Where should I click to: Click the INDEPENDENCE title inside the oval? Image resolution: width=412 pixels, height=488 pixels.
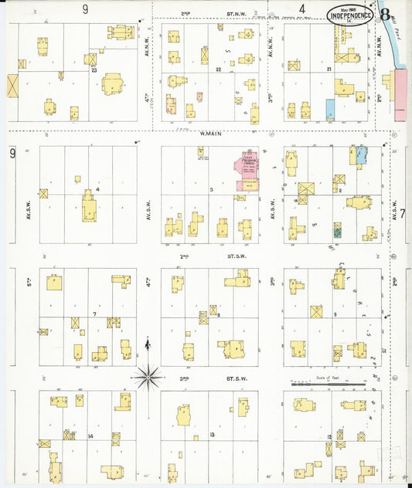pyautogui.click(x=352, y=14)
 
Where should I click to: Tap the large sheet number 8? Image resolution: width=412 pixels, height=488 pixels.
pyautogui.click(x=384, y=13)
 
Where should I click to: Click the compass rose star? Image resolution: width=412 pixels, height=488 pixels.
pyautogui.click(x=148, y=377)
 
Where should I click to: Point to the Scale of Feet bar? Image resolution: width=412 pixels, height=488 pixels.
pyautogui.click(x=328, y=382)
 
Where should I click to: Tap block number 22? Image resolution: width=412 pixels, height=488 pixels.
pyautogui.click(x=219, y=70)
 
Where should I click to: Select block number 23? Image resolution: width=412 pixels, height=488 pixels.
pyautogui.click(x=94, y=69)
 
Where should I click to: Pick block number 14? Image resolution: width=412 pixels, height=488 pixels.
pyautogui.click(x=90, y=437)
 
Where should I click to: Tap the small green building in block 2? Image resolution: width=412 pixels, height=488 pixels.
pyautogui.click(x=337, y=229)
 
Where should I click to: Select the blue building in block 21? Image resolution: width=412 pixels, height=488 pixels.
pyautogui.click(x=331, y=109)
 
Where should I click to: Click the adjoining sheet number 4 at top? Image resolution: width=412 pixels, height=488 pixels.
pyautogui.click(x=302, y=8)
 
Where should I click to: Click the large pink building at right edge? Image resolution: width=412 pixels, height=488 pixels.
pyautogui.click(x=400, y=93)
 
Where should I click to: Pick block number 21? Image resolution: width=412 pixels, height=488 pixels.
pyautogui.click(x=329, y=69)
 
